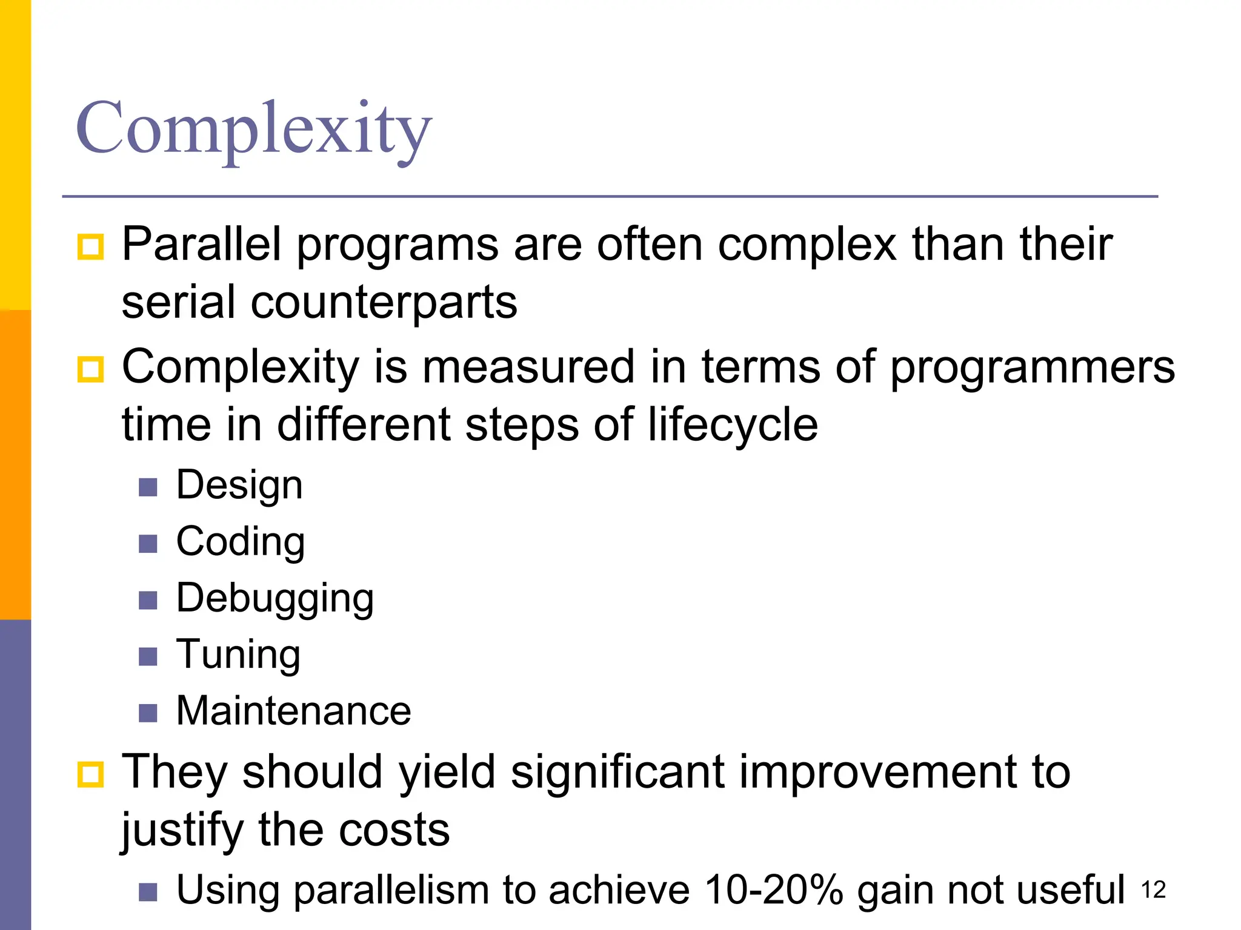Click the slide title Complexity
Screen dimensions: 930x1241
[x=253, y=128]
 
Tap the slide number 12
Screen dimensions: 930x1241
[x=1153, y=890]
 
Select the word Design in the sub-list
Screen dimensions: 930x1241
[x=239, y=486]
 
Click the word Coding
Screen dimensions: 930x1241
[x=241, y=542]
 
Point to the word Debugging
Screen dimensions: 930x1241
[x=274, y=599]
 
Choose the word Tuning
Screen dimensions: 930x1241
[x=238, y=655]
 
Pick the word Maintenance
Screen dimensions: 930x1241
[x=293, y=711]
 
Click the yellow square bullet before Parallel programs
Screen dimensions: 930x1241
[x=91, y=247]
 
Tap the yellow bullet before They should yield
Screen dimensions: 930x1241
[x=91, y=774]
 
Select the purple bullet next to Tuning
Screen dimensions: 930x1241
[x=148, y=656]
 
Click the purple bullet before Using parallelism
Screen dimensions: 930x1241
[x=148, y=892]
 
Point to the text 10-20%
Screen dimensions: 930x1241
[x=773, y=890]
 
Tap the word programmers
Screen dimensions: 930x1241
[x=1032, y=367]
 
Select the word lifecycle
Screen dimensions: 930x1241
[x=733, y=425]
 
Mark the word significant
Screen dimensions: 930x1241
[x=617, y=773]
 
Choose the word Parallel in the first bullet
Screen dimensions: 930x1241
[x=201, y=245]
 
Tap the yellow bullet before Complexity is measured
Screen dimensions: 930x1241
[x=91, y=369]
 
